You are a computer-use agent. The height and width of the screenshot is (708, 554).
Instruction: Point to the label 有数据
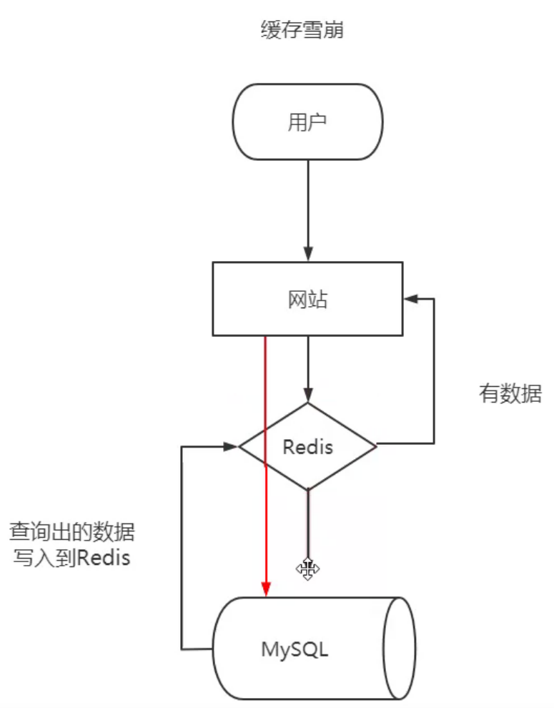[x=510, y=393]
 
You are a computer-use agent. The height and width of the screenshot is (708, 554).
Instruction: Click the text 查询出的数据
[x=71, y=532]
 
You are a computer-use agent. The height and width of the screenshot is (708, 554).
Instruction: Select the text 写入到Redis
[x=71, y=558]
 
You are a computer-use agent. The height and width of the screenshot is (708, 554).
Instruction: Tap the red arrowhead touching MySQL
[x=266, y=589]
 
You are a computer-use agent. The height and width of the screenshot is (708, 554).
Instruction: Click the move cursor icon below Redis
[x=308, y=569]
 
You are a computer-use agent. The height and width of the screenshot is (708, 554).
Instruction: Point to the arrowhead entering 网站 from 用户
[x=308, y=254]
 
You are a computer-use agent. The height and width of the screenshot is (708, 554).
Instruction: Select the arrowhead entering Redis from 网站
[x=308, y=395]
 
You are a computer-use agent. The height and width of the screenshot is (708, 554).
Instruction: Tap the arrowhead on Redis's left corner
[x=229, y=446]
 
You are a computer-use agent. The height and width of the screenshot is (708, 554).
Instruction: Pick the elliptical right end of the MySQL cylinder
[x=399, y=649]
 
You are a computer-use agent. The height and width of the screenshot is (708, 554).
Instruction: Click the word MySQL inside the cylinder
[x=295, y=649]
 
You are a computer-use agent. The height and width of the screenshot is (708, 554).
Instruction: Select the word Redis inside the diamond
[x=308, y=447]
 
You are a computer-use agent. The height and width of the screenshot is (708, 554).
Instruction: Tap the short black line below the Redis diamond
[x=308, y=522]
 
